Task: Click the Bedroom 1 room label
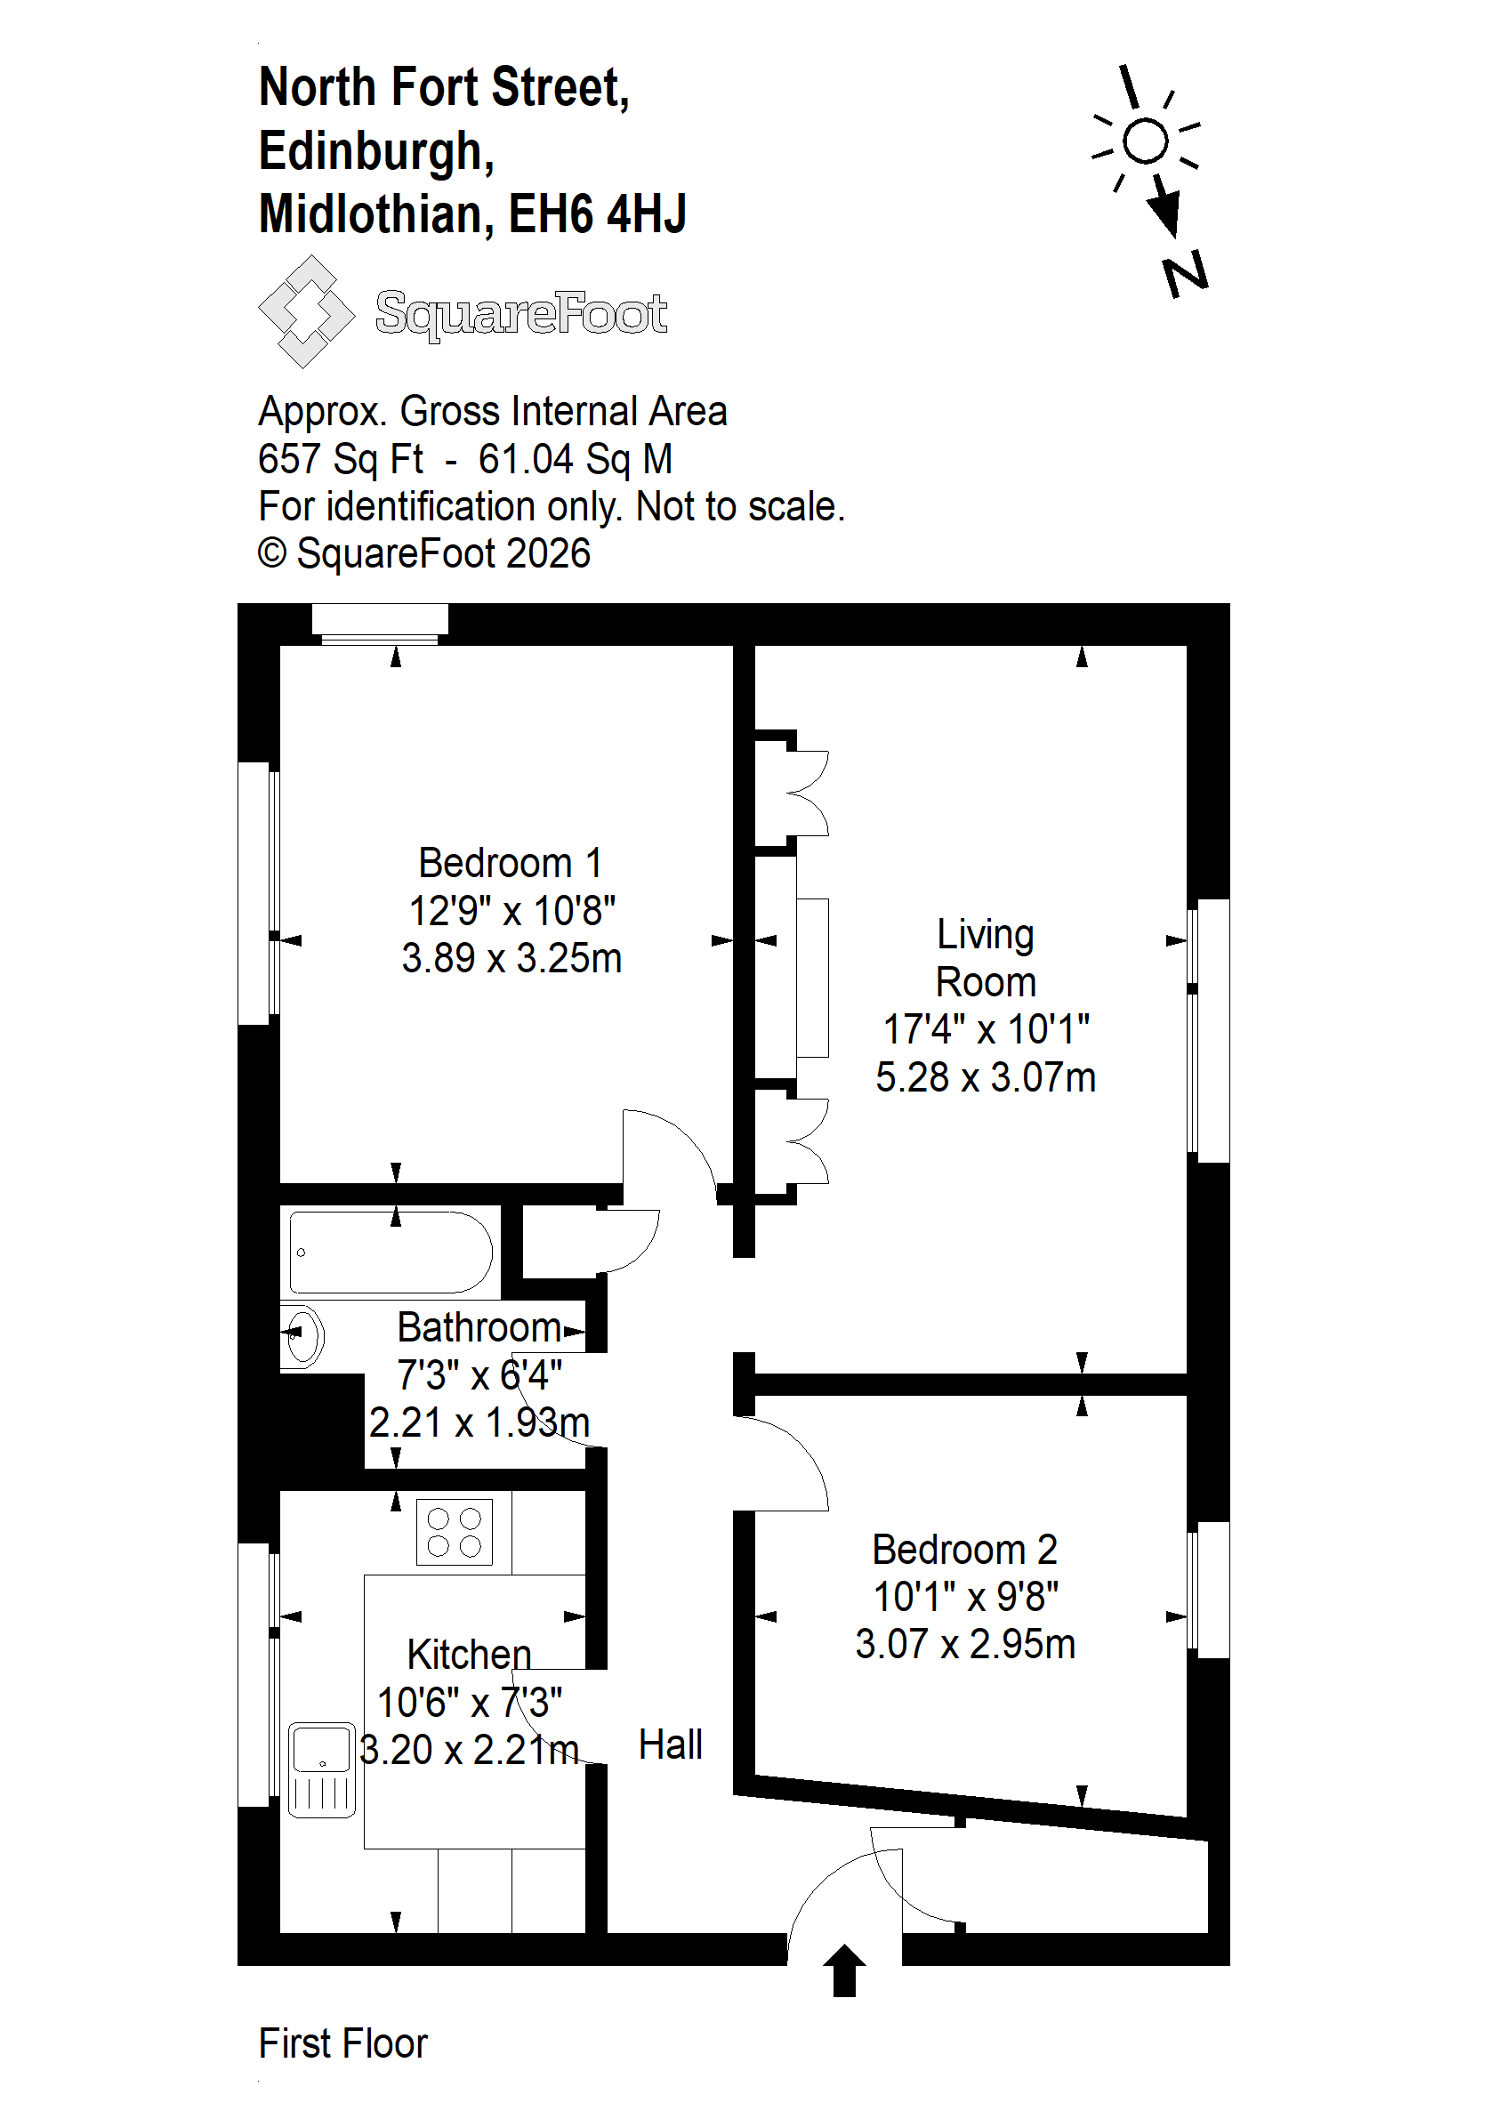click(x=510, y=863)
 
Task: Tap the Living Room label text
click(x=985, y=958)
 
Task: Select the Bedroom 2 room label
click(x=965, y=1550)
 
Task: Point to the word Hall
click(x=671, y=1745)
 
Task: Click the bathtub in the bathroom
click(x=391, y=1253)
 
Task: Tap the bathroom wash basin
click(x=302, y=1334)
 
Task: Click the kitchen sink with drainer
click(x=322, y=1769)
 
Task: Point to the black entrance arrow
click(x=844, y=1970)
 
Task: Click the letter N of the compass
click(x=1185, y=274)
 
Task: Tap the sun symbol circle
click(x=1146, y=142)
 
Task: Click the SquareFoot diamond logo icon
click(x=306, y=311)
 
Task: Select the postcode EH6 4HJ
click(x=598, y=214)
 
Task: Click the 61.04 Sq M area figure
click(x=575, y=459)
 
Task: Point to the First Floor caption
click(x=343, y=2044)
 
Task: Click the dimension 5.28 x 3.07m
click(x=985, y=1077)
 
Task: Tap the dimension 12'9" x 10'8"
click(x=512, y=911)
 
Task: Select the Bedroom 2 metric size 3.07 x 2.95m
click(x=965, y=1645)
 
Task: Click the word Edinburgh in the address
click(x=376, y=151)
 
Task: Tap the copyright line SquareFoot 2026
click(x=424, y=554)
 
